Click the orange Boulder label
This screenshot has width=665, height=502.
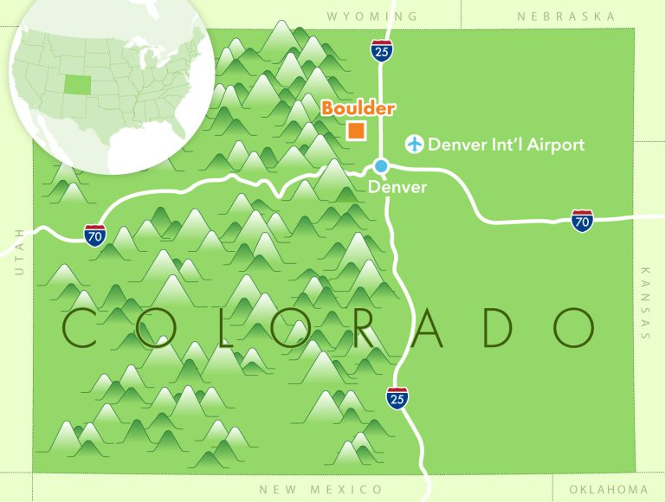click(358, 109)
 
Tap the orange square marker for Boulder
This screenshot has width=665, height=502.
click(355, 131)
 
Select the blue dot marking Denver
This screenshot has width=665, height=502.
click(381, 165)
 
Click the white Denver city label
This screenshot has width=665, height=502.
click(397, 186)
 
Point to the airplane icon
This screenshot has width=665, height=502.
click(416, 144)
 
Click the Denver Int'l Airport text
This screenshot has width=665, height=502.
click(507, 145)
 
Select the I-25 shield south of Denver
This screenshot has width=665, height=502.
click(397, 397)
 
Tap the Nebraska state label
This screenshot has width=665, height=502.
click(565, 16)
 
